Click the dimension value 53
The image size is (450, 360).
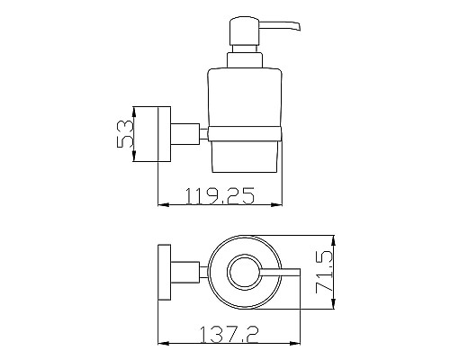[x=124, y=134]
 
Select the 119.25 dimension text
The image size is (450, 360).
[x=220, y=196]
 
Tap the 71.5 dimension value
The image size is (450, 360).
[x=324, y=272]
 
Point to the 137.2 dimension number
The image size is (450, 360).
[x=229, y=335]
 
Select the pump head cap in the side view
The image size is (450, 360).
[x=244, y=31]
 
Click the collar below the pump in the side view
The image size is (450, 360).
[x=245, y=60]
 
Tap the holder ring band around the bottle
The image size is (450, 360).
[x=245, y=133]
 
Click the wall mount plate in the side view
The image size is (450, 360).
[x=164, y=134]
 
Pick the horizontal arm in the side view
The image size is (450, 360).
[x=185, y=134]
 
